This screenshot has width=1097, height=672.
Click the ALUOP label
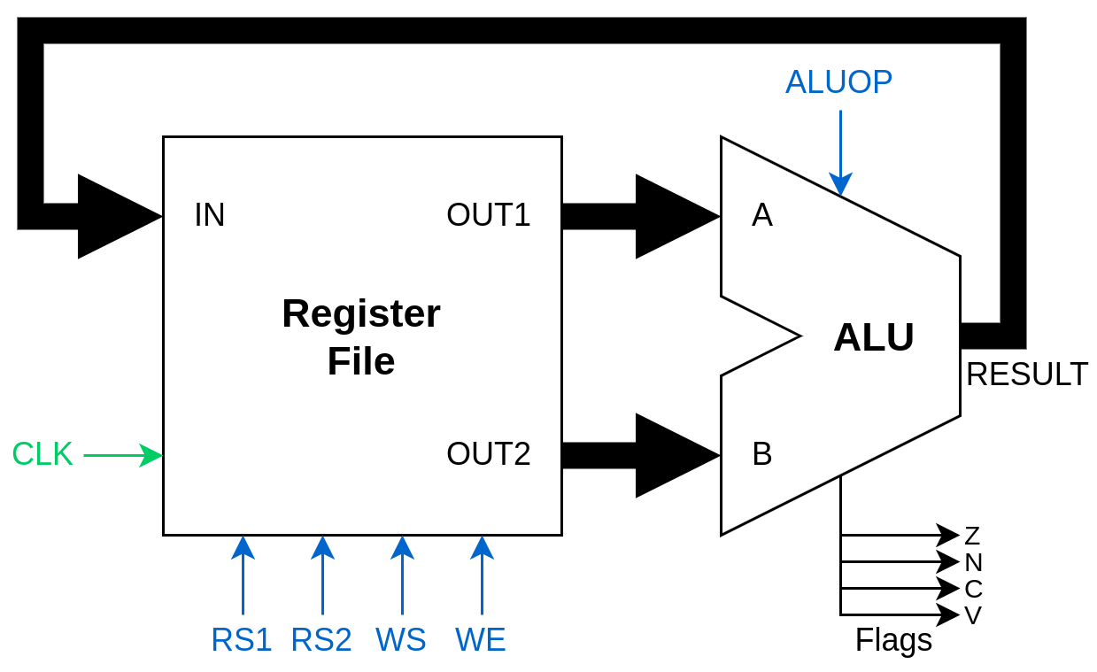(838, 82)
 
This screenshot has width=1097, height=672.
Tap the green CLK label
(42, 454)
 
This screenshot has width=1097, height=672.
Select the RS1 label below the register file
(242, 640)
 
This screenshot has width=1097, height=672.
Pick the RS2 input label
(321, 640)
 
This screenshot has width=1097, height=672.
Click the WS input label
(401, 640)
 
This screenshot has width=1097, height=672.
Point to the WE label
(481, 640)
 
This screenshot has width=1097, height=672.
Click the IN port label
(210, 215)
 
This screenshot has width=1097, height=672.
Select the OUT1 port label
(489, 215)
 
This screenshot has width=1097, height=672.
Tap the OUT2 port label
(489, 454)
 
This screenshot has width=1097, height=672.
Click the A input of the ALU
(762, 215)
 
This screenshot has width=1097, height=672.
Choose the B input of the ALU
(762, 454)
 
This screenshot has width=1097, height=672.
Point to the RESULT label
(1027, 375)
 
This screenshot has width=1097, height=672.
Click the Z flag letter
(972, 536)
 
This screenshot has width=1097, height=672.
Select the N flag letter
(973, 562)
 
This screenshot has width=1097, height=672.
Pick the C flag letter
(973, 589)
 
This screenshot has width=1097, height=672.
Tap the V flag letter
(973, 615)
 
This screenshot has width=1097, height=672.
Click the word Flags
(893, 640)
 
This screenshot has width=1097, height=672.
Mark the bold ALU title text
(874, 337)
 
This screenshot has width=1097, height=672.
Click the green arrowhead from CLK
(152, 455)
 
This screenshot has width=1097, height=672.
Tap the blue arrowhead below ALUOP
(840, 184)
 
